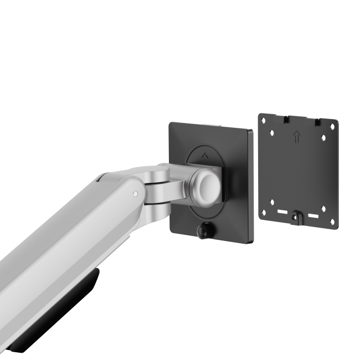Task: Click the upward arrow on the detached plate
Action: [x=297, y=137]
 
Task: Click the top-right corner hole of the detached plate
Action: [x=332, y=126]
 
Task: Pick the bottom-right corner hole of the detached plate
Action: [x=332, y=222]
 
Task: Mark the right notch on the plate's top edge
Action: [x=317, y=122]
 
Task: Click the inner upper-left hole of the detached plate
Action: [x=272, y=132]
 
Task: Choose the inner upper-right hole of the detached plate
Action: [x=324, y=138]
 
